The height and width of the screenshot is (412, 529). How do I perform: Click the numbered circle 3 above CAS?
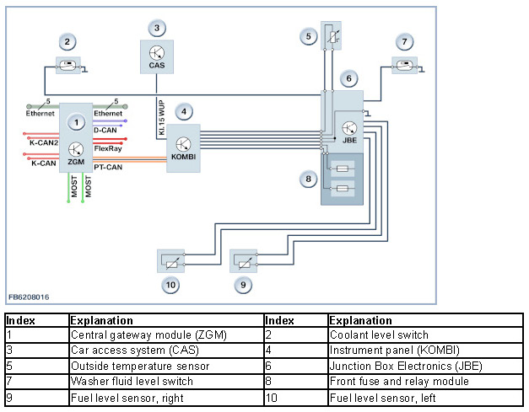click(x=156, y=27)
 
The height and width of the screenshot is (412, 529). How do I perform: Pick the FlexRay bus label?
click(x=107, y=149)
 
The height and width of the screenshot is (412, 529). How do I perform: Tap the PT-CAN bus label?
click(x=108, y=166)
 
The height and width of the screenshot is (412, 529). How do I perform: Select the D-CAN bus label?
click(x=105, y=131)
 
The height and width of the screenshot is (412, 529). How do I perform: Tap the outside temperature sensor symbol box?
click(x=313, y=36)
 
